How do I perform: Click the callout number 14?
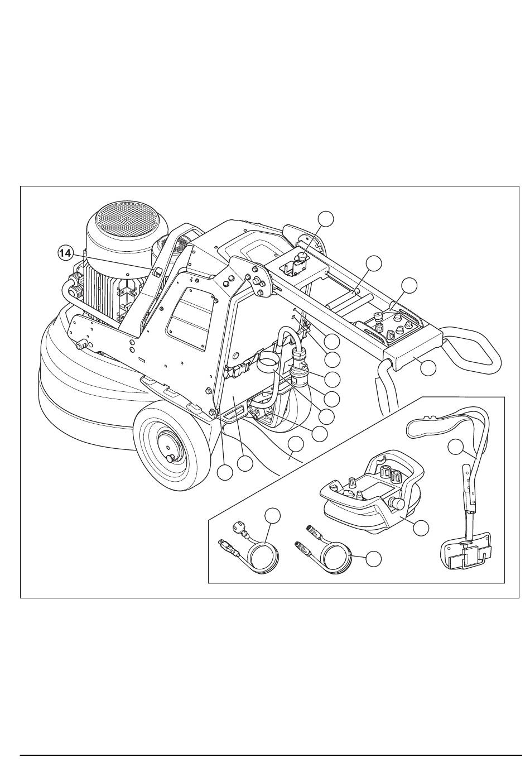coord(65,253)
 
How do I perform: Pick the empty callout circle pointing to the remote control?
coord(421,528)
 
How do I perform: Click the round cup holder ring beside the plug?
coord(268,359)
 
